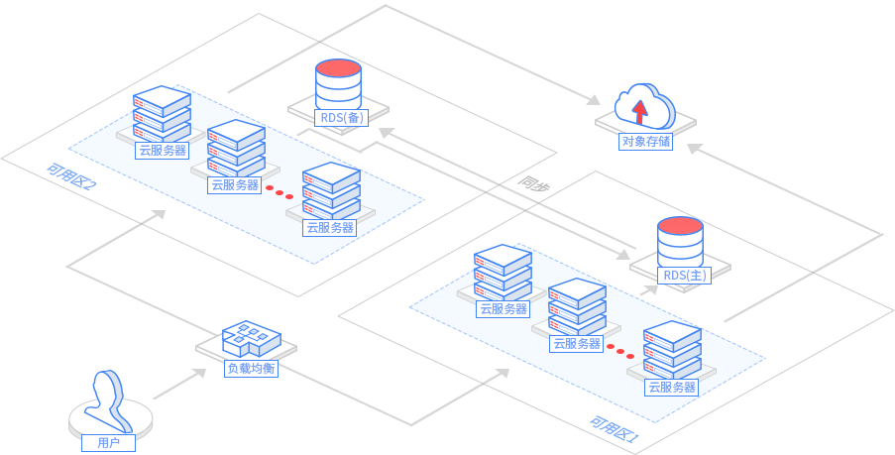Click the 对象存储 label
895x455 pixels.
[645, 141]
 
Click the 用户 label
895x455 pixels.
[108, 442]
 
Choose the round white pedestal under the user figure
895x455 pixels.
[112, 421]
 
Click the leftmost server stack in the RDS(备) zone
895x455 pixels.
[162, 113]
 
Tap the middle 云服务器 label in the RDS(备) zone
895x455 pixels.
[235, 184]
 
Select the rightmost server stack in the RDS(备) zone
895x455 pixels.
[331, 190]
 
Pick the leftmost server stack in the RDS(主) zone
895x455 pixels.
[503, 271]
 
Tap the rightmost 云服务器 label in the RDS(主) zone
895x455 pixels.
[670, 387]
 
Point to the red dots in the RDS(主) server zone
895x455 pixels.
[620, 351]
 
